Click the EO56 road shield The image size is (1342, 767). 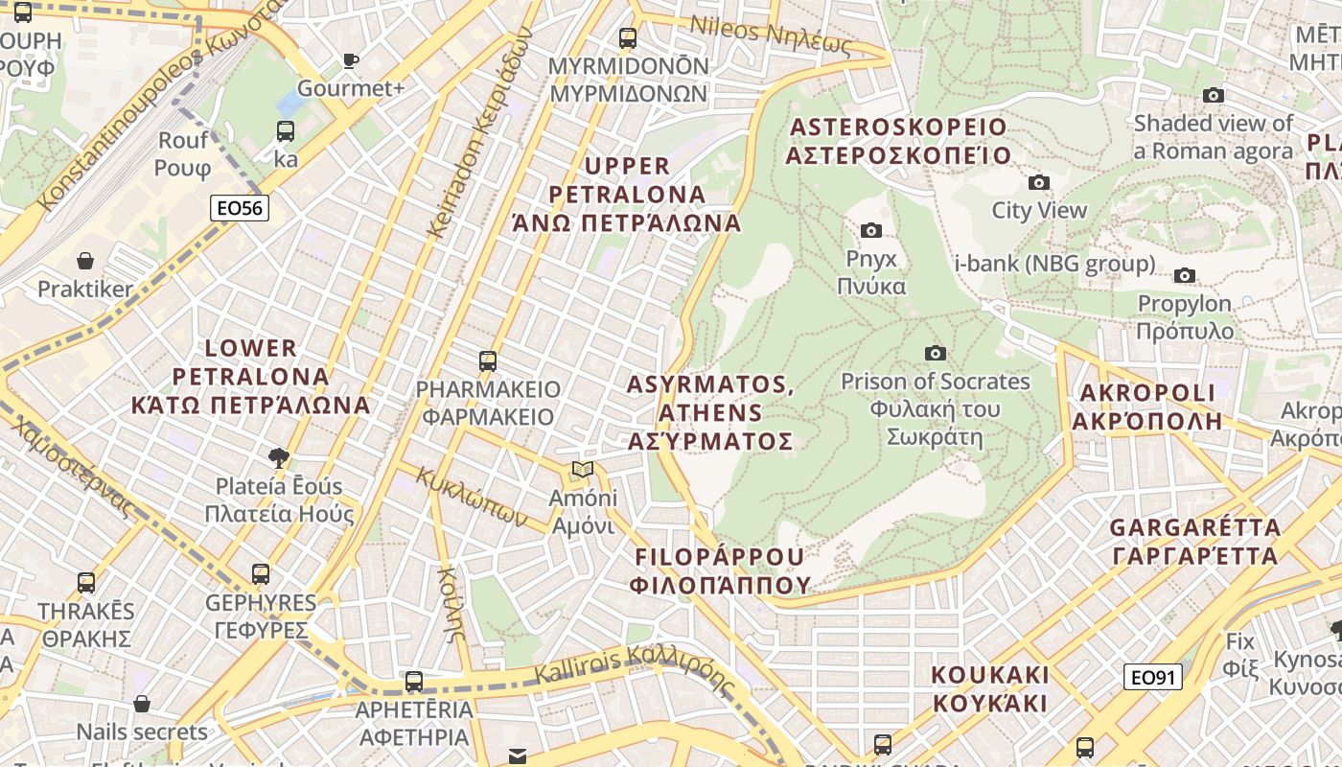click(x=240, y=208)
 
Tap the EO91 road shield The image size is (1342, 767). click(x=1152, y=678)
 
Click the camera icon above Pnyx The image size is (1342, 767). click(x=871, y=230)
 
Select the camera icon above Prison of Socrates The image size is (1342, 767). click(x=936, y=354)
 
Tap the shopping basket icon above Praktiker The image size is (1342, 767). click(x=85, y=261)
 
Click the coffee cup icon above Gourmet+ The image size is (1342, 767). click(x=351, y=61)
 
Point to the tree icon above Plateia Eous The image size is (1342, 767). click(x=279, y=457)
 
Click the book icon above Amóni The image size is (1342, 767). click(x=582, y=470)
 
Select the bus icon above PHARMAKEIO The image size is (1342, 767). click(x=488, y=361)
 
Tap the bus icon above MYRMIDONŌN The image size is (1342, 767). click(x=628, y=38)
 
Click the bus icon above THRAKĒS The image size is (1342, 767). click(x=86, y=582)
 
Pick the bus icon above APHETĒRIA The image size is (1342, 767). click(x=414, y=682)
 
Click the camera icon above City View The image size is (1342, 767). click(x=1039, y=182)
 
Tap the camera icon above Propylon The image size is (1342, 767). click(x=1185, y=276)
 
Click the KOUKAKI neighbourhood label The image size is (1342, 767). click(x=990, y=688)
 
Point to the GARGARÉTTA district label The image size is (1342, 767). click(x=1194, y=541)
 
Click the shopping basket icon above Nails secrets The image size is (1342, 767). click(x=142, y=705)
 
